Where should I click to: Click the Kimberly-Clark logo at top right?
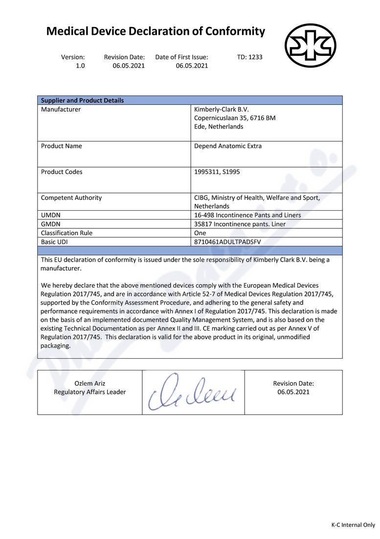(x=311, y=46)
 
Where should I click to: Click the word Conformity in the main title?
(x=235, y=32)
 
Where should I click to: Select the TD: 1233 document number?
(x=249, y=57)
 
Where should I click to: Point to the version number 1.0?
(x=80, y=66)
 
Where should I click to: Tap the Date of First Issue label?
(x=181, y=57)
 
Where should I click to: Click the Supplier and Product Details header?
(x=82, y=100)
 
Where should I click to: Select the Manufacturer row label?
(x=61, y=110)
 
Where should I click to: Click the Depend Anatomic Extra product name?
(x=227, y=146)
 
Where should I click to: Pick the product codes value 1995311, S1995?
(x=217, y=172)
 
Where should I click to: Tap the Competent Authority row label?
(x=71, y=198)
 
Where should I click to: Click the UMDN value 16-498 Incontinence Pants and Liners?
(x=247, y=215)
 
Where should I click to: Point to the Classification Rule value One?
(x=200, y=233)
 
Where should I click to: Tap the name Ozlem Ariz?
(x=89, y=383)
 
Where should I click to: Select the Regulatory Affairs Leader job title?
(x=89, y=392)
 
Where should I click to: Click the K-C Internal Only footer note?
(x=353, y=525)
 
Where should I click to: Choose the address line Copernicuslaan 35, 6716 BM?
(x=234, y=118)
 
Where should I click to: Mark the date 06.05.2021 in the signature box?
(x=293, y=392)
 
